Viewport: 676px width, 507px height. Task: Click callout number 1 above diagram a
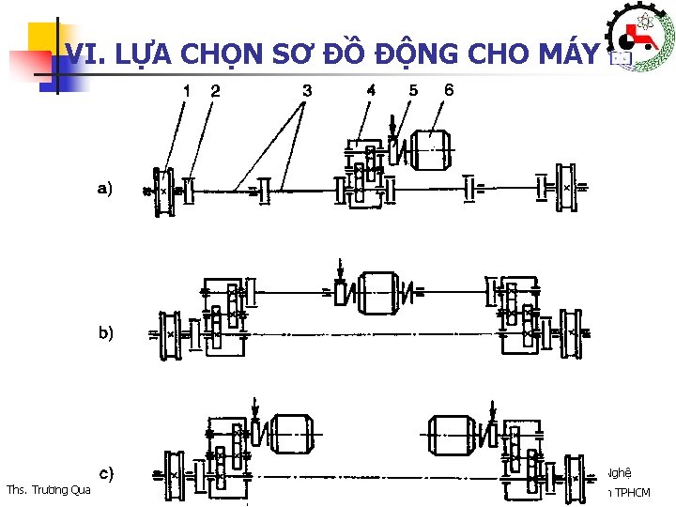pyautogui.click(x=187, y=92)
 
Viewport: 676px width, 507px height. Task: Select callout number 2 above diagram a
pyautogui.click(x=216, y=92)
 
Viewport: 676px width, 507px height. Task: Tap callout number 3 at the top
pyautogui.click(x=307, y=91)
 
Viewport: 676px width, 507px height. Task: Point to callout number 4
pyautogui.click(x=371, y=91)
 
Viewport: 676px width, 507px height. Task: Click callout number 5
pyautogui.click(x=413, y=91)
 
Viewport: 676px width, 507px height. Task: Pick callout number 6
pyautogui.click(x=449, y=91)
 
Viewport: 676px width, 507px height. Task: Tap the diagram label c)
pyautogui.click(x=106, y=473)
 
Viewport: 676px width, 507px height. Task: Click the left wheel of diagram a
pyautogui.click(x=162, y=191)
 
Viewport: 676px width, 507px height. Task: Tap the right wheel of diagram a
pyautogui.click(x=566, y=190)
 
